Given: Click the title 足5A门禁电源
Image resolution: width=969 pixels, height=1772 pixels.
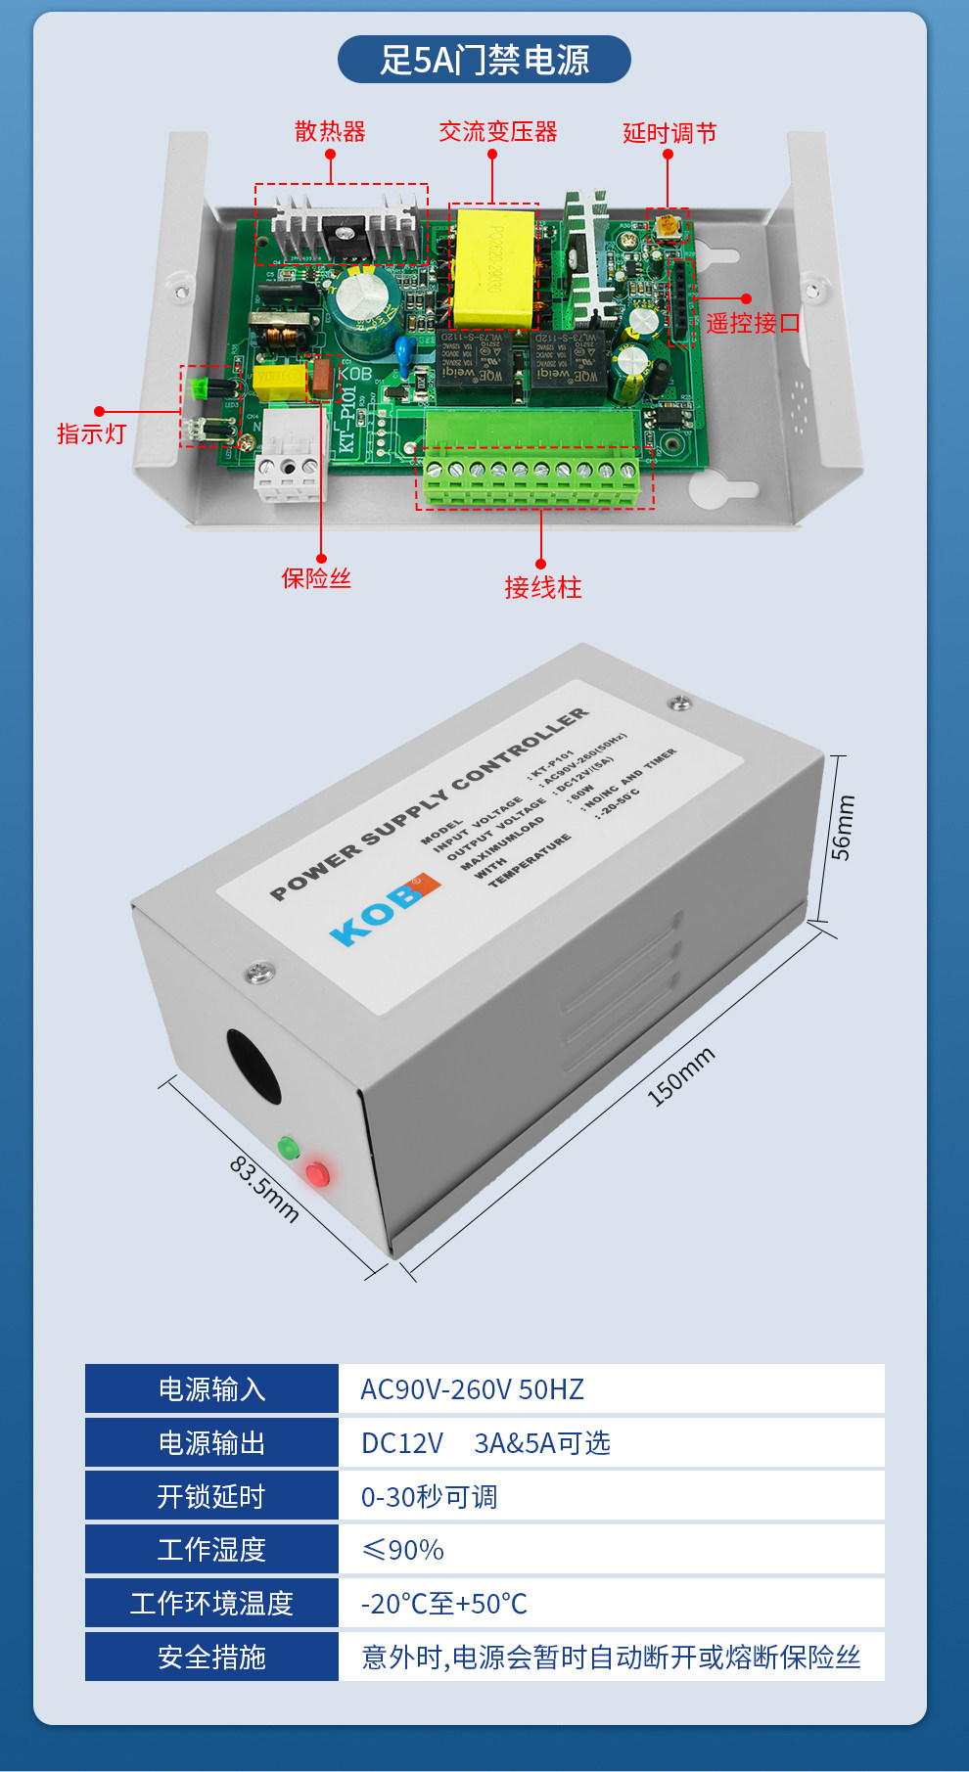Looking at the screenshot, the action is (484, 60).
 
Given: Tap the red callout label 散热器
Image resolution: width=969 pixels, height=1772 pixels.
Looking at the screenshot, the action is (330, 131).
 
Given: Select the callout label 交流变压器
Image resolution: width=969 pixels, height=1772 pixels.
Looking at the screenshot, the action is (497, 131).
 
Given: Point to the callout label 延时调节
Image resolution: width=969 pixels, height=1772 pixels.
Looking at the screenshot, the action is (669, 133).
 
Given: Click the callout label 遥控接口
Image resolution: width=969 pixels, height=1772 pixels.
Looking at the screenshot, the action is (753, 323).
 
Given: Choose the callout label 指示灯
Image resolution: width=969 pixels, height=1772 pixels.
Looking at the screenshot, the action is (91, 433).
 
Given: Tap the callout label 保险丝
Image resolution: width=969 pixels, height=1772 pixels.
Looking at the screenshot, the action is (316, 578).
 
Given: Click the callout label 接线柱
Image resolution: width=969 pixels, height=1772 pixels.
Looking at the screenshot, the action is (542, 587).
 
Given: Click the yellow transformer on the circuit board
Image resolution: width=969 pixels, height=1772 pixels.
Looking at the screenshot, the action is (492, 267).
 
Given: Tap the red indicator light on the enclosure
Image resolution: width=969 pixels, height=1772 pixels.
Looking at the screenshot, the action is (318, 1174).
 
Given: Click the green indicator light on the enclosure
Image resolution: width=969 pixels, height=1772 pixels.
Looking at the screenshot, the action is (288, 1148).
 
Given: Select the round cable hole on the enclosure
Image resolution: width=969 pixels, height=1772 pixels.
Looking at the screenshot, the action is (254, 1066).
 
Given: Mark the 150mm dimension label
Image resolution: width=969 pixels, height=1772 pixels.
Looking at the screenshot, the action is (681, 1076).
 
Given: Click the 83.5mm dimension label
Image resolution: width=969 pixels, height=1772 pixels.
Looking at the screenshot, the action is (263, 1189).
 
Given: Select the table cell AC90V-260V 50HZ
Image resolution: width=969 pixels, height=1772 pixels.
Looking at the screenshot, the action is (472, 1389).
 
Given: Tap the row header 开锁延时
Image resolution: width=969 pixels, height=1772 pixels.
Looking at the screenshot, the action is (211, 1496).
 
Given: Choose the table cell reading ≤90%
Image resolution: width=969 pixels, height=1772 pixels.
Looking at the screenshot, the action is (402, 1550).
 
